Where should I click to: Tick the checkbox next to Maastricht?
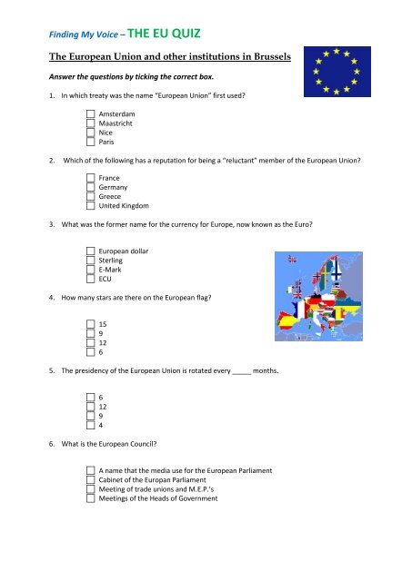coord(91,123)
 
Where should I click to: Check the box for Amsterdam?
coord(91,113)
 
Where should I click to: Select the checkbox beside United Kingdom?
coord(91,206)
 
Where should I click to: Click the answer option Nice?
coord(106,133)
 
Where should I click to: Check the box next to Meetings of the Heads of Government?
coord(91,498)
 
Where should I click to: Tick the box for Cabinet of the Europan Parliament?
coord(91,478)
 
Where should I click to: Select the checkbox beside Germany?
coord(91,186)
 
